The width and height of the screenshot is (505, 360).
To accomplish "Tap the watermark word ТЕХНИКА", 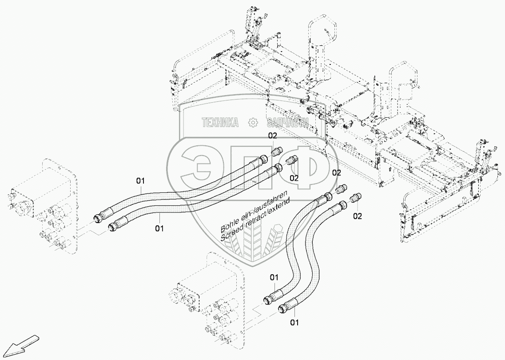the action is pos(220,123).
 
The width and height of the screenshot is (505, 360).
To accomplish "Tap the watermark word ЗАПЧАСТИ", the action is pos(288,123).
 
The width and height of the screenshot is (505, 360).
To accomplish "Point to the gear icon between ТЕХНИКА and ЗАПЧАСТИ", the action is pos(253,123).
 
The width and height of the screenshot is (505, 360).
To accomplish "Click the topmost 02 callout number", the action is pos(272,136).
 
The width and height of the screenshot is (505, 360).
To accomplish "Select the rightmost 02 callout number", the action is pos(358,216).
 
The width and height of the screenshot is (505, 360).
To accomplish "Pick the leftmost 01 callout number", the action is pos(140,181).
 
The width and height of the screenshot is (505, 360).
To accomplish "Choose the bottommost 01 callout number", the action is pos(294,322).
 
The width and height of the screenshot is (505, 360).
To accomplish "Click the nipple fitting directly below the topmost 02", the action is pos(277,151).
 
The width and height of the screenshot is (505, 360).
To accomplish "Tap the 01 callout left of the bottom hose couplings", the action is pos(274,277).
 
